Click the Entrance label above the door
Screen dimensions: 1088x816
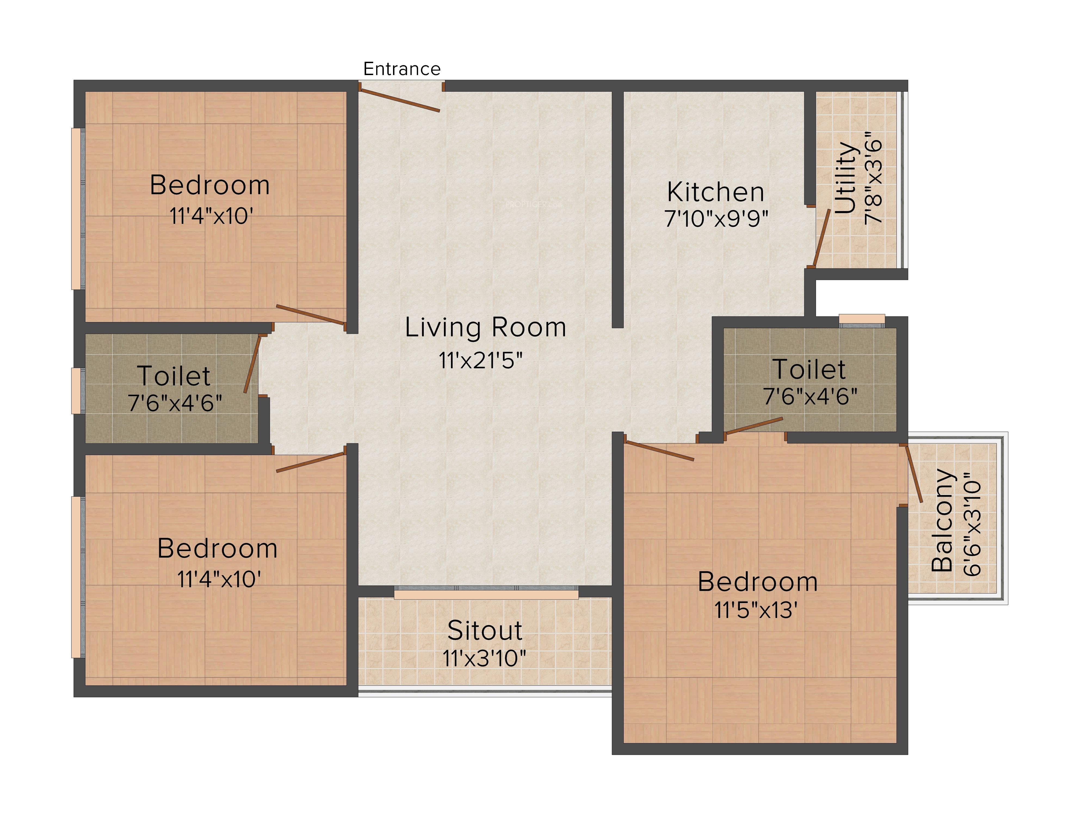[402, 69]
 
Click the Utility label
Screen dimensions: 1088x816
[846, 178]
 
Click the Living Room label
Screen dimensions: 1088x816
[486, 327]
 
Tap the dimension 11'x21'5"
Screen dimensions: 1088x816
[481, 360]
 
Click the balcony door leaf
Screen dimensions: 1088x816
[914, 473]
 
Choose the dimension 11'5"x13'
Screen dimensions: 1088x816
[756, 610]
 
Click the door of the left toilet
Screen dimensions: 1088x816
[252, 364]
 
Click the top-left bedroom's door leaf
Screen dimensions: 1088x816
[311, 315]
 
